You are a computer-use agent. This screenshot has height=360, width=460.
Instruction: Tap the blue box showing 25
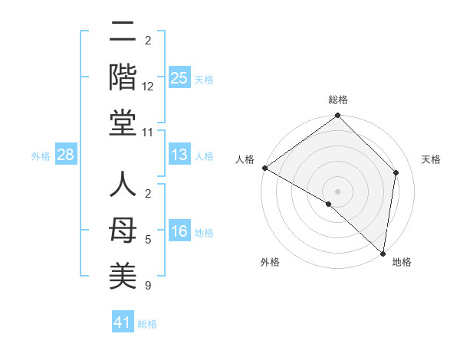click(179, 77)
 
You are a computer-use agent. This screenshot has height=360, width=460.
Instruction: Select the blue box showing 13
click(179, 155)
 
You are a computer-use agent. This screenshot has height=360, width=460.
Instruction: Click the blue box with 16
click(179, 232)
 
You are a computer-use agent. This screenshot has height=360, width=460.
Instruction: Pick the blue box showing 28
click(65, 155)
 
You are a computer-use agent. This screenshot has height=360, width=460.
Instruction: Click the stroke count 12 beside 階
click(148, 87)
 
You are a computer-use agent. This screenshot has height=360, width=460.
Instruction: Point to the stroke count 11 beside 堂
click(148, 133)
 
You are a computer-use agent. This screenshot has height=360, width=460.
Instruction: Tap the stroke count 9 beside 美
click(148, 286)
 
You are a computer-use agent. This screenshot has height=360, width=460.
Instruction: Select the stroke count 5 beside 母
click(148, 240)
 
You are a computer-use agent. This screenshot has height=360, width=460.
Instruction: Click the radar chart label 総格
click(338, 100)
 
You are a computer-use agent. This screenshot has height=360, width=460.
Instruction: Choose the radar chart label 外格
click(270, 262)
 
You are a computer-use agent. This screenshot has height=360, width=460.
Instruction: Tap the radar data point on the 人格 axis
click(264, 168)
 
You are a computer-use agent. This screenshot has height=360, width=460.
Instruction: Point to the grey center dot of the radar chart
click(337, 191)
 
